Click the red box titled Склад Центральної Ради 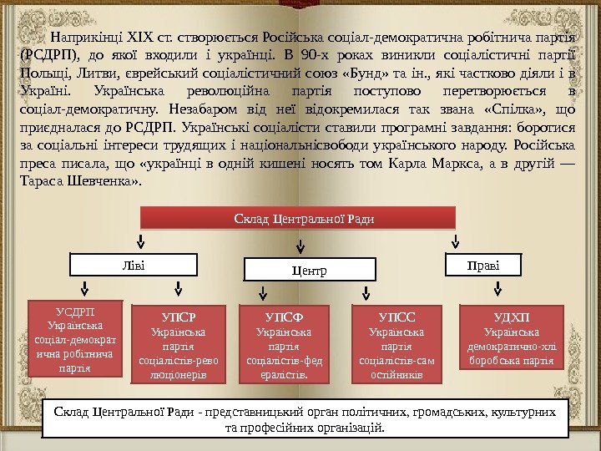click(x=299, y=219)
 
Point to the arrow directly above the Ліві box click(x=139, y=241)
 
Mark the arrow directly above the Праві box click(x=455, y=241)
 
